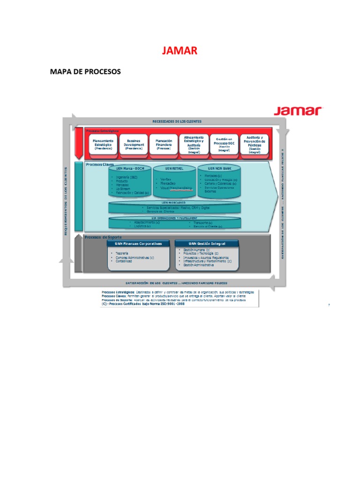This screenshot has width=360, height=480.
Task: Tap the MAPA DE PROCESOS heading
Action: pyautogui.click(x=85, y=72)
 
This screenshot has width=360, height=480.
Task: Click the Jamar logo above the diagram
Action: pyautogui.click(x=299, y=111)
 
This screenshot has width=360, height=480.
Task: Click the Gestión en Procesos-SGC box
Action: pyautogui.click(x=225, y=145)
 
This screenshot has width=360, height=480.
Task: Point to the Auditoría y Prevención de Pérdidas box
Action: pyautogui.click(x=255, y=144)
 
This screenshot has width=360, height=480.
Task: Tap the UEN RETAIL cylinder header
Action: pyautogui.click(x=174, y=168)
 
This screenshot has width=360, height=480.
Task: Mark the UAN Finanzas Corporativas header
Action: pyautogui.click(x=139, y=244)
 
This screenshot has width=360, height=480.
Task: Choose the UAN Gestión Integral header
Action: pyautogui.click(x=207, y=244)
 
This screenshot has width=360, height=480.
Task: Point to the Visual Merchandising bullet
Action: pyautogui.click(x=176, y=187)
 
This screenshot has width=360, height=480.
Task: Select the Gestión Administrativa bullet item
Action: pyautogui.click(x=198, y=265)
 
